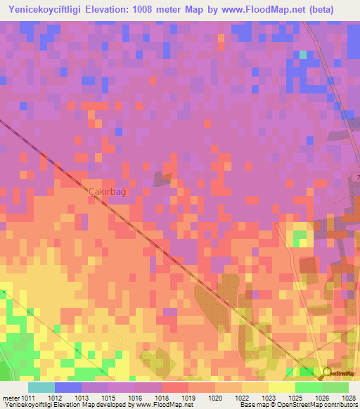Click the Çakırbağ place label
(x=107, y=191)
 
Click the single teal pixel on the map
(x=303, y=54)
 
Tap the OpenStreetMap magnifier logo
(x=327, y=373)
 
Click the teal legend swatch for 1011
(x=41, y=387)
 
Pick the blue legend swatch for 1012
(x=68, y=387)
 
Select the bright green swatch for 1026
(x=308, y=387)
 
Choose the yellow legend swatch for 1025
(x=282, y=387)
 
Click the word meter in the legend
(x=12, y=397)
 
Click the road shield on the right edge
(x=357, y=176)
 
